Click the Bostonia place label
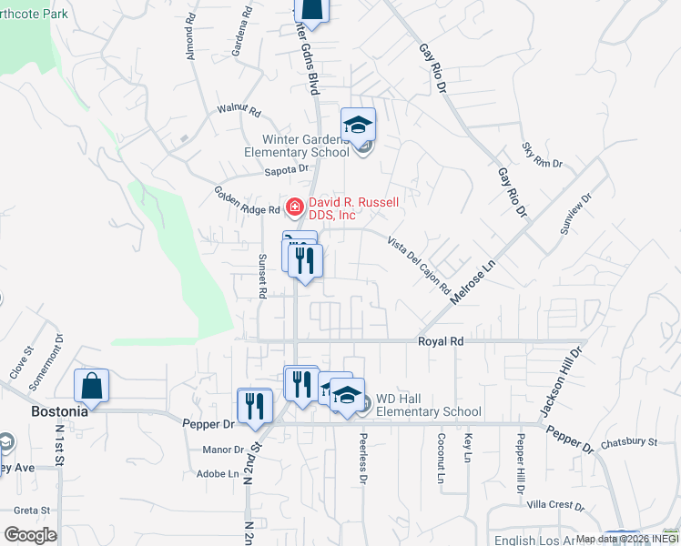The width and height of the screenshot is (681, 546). tap(59, 410)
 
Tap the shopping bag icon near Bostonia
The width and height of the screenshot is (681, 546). tap(92, 386)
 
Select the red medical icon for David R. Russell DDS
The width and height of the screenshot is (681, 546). tap(294, 207)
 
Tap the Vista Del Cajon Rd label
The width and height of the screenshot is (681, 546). tap(419, 265)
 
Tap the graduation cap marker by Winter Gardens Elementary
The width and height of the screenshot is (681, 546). tap(358, 125)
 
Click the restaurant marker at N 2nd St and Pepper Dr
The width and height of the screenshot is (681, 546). tap(255, 405)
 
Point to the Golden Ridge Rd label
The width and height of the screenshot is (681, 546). tap(246, 201)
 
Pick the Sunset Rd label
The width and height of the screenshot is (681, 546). tap(261, 276)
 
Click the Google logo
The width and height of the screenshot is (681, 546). tap(30, 535)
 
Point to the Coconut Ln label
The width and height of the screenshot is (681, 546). tap(440, 463)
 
